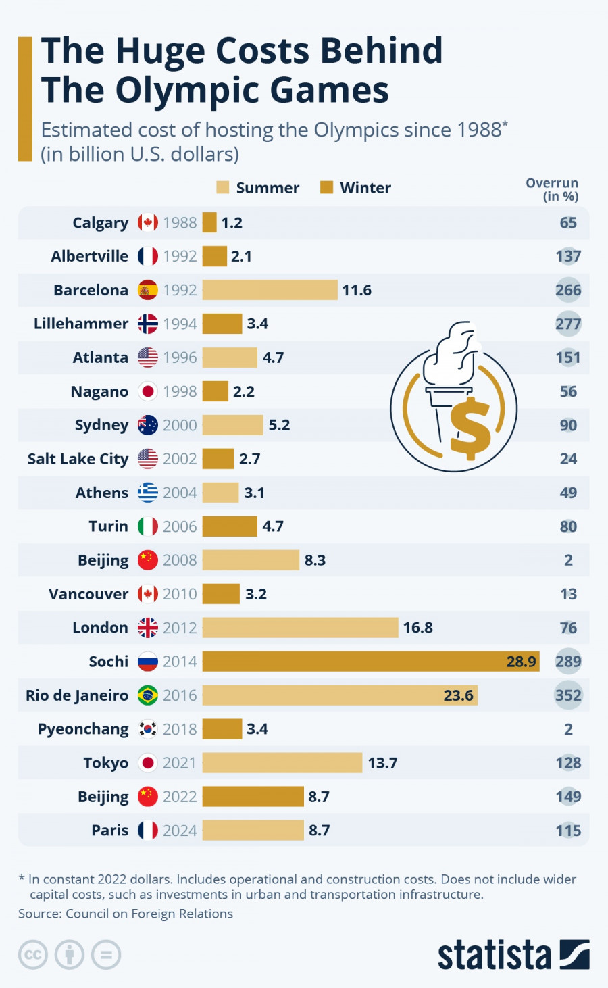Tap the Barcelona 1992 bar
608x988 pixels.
270,290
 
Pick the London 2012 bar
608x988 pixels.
300,628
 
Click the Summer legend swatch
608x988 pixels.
223,187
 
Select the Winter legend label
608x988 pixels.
365,188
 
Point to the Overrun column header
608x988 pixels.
552,189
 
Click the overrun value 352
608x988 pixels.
568,695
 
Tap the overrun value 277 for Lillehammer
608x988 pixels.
568,324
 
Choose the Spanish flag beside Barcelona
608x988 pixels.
148,290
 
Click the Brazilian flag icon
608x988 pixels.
148,695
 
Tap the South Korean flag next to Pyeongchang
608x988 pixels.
148,729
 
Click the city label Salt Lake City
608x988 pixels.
78,459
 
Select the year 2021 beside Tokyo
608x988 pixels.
180,763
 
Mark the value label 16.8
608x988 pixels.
418,628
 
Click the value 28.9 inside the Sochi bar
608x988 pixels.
522,662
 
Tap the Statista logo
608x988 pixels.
513,955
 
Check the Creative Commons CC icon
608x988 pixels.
33,955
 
